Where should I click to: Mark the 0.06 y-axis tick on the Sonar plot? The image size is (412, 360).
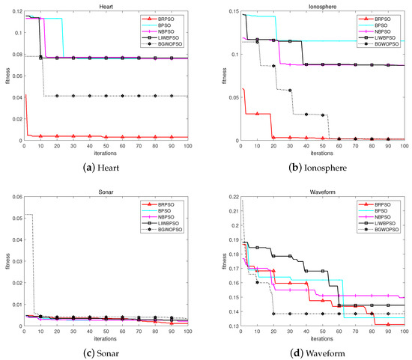[x=16, y=192]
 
